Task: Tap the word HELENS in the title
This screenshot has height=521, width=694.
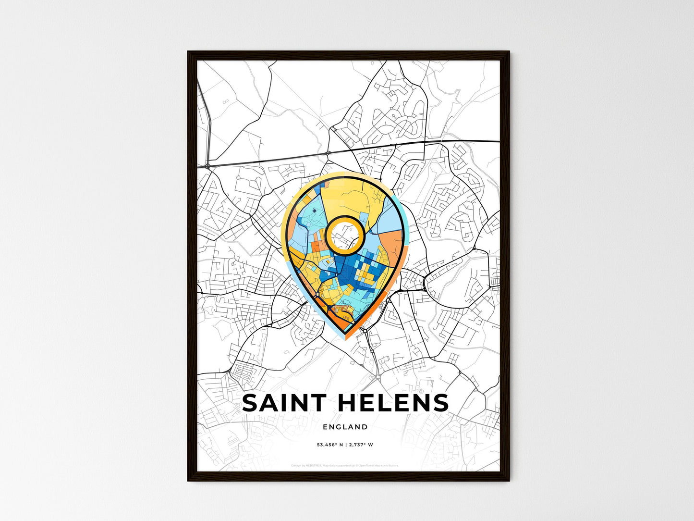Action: click(x=393, y=403)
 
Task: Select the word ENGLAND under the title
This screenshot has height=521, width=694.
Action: click(x=345, y=427)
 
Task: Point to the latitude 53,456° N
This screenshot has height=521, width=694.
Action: click(x=329, y=445)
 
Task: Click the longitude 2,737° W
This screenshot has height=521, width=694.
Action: click(x=361, y=445)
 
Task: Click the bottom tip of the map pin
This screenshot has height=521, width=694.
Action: click(x=346, y=333)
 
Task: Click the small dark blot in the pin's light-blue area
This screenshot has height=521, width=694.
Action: click(x=314, y=210)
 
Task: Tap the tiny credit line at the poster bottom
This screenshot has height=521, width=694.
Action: click(x=345, y=465)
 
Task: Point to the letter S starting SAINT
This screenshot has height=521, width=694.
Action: click(x=251, y=403)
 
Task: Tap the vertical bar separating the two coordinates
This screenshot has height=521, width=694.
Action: click(x=346, y=445)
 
